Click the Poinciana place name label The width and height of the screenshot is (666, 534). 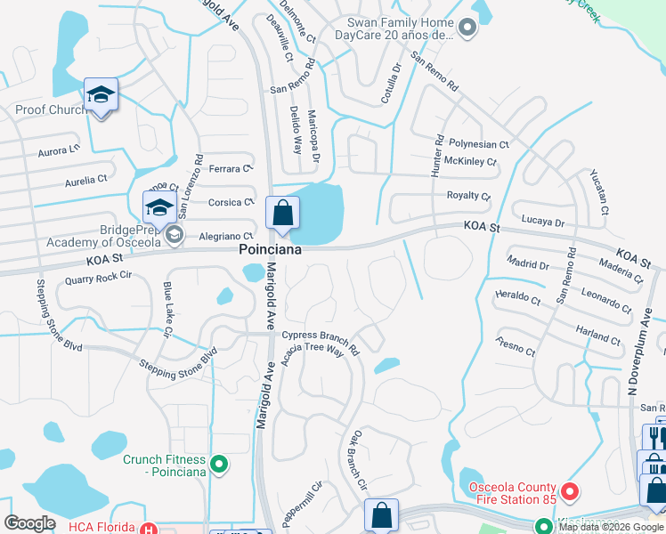[270, 251]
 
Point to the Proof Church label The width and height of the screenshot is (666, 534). [50, 110]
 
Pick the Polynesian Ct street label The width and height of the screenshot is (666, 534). [478, 144]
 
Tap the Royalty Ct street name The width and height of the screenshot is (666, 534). [468, 196]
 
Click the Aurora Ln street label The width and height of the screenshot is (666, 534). [59, 152]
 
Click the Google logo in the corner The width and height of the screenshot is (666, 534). [29, 523]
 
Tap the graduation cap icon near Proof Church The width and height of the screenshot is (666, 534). [101, 94]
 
